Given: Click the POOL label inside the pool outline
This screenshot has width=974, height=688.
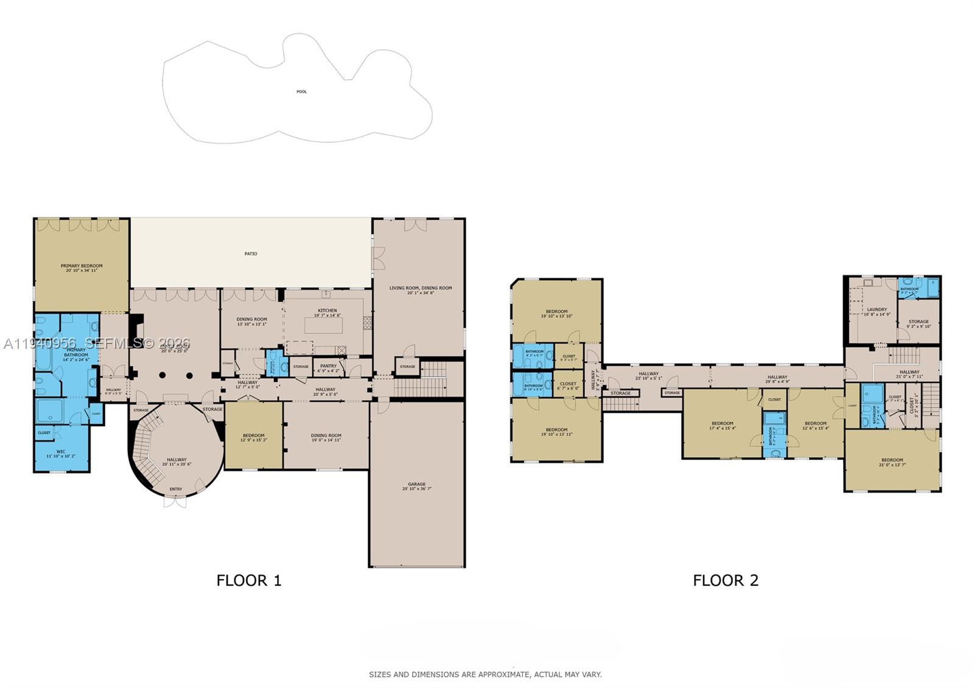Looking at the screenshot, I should [301, 92].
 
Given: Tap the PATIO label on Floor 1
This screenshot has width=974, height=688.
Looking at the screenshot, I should [251, 254].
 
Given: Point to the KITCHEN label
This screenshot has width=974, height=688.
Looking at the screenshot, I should [327, 311].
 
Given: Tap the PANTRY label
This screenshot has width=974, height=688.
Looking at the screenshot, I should [328, 366].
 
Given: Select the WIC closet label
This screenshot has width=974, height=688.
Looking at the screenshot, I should [60, 452].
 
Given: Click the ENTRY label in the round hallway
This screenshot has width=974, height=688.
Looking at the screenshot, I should [176, 489].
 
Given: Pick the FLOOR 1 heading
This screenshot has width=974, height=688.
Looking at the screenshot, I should [249, 580].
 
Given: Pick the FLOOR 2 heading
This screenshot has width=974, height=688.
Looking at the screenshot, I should [726, 580].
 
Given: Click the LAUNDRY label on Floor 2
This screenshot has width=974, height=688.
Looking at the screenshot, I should [877, 309].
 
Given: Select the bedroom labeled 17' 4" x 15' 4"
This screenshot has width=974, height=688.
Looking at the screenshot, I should [723, 426].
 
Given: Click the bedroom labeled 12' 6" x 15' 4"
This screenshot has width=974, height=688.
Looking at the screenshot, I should [816, 426].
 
